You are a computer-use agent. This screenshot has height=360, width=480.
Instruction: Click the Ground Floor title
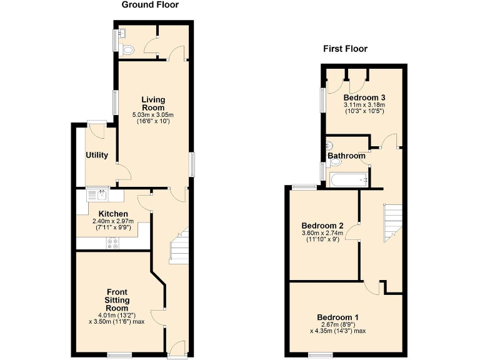pyautogui.click(x=150, y=5)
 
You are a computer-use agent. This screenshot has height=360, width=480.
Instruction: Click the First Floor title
pyautogui.click(x=345, y=49)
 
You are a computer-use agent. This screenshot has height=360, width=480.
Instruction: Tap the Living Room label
pyautogui.click(x=152, y=103)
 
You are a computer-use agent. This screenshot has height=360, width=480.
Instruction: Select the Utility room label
pyautogui.click(x=97, y=155)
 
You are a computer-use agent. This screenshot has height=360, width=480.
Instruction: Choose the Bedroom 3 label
pyautogui.click(x=364, y=97)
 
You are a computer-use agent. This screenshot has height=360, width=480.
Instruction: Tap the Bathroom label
pyautogui.click(x=346, y=156)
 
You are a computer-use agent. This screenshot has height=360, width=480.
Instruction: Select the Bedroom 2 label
pyautogui.click(x=322, y=226)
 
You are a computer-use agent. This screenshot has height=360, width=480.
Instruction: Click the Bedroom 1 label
pyautogui.click(x=338, y=316)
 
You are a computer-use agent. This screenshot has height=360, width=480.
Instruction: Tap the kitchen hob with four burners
pyautogui.click(x=114, y=244)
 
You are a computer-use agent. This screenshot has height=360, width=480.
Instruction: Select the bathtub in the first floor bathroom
pyautogui.click(x=349, y=181)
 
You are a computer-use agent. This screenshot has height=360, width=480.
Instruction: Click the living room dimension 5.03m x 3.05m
pyautogui.click(x=152, y=115)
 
